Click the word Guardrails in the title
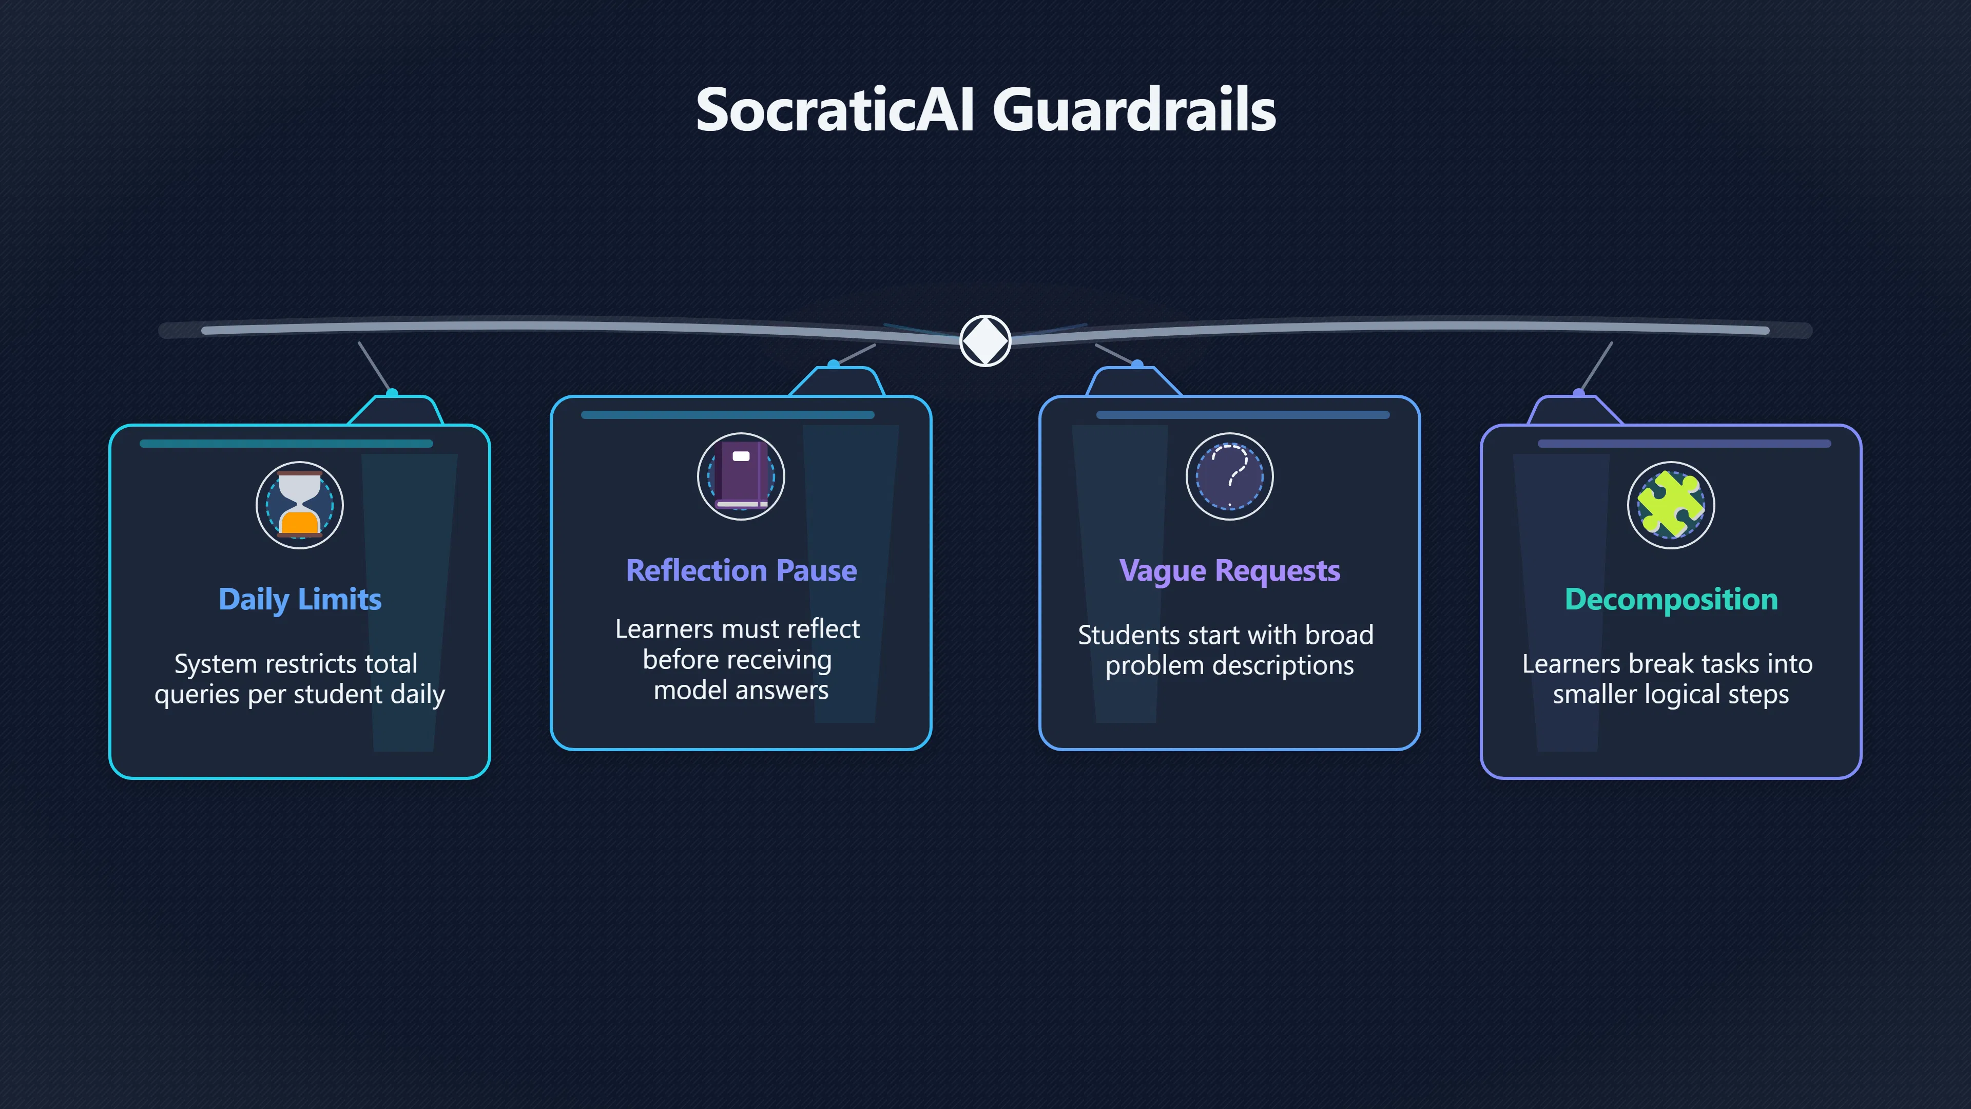[1134, 109]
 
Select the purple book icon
[741, 476]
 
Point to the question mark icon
[1230, 476]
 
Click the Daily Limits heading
[300, 599]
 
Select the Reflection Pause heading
[741, 570]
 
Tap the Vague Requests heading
[1230, 571]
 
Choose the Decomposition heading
[1671, 599]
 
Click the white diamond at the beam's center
[985, 340]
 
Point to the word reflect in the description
[823, 629]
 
